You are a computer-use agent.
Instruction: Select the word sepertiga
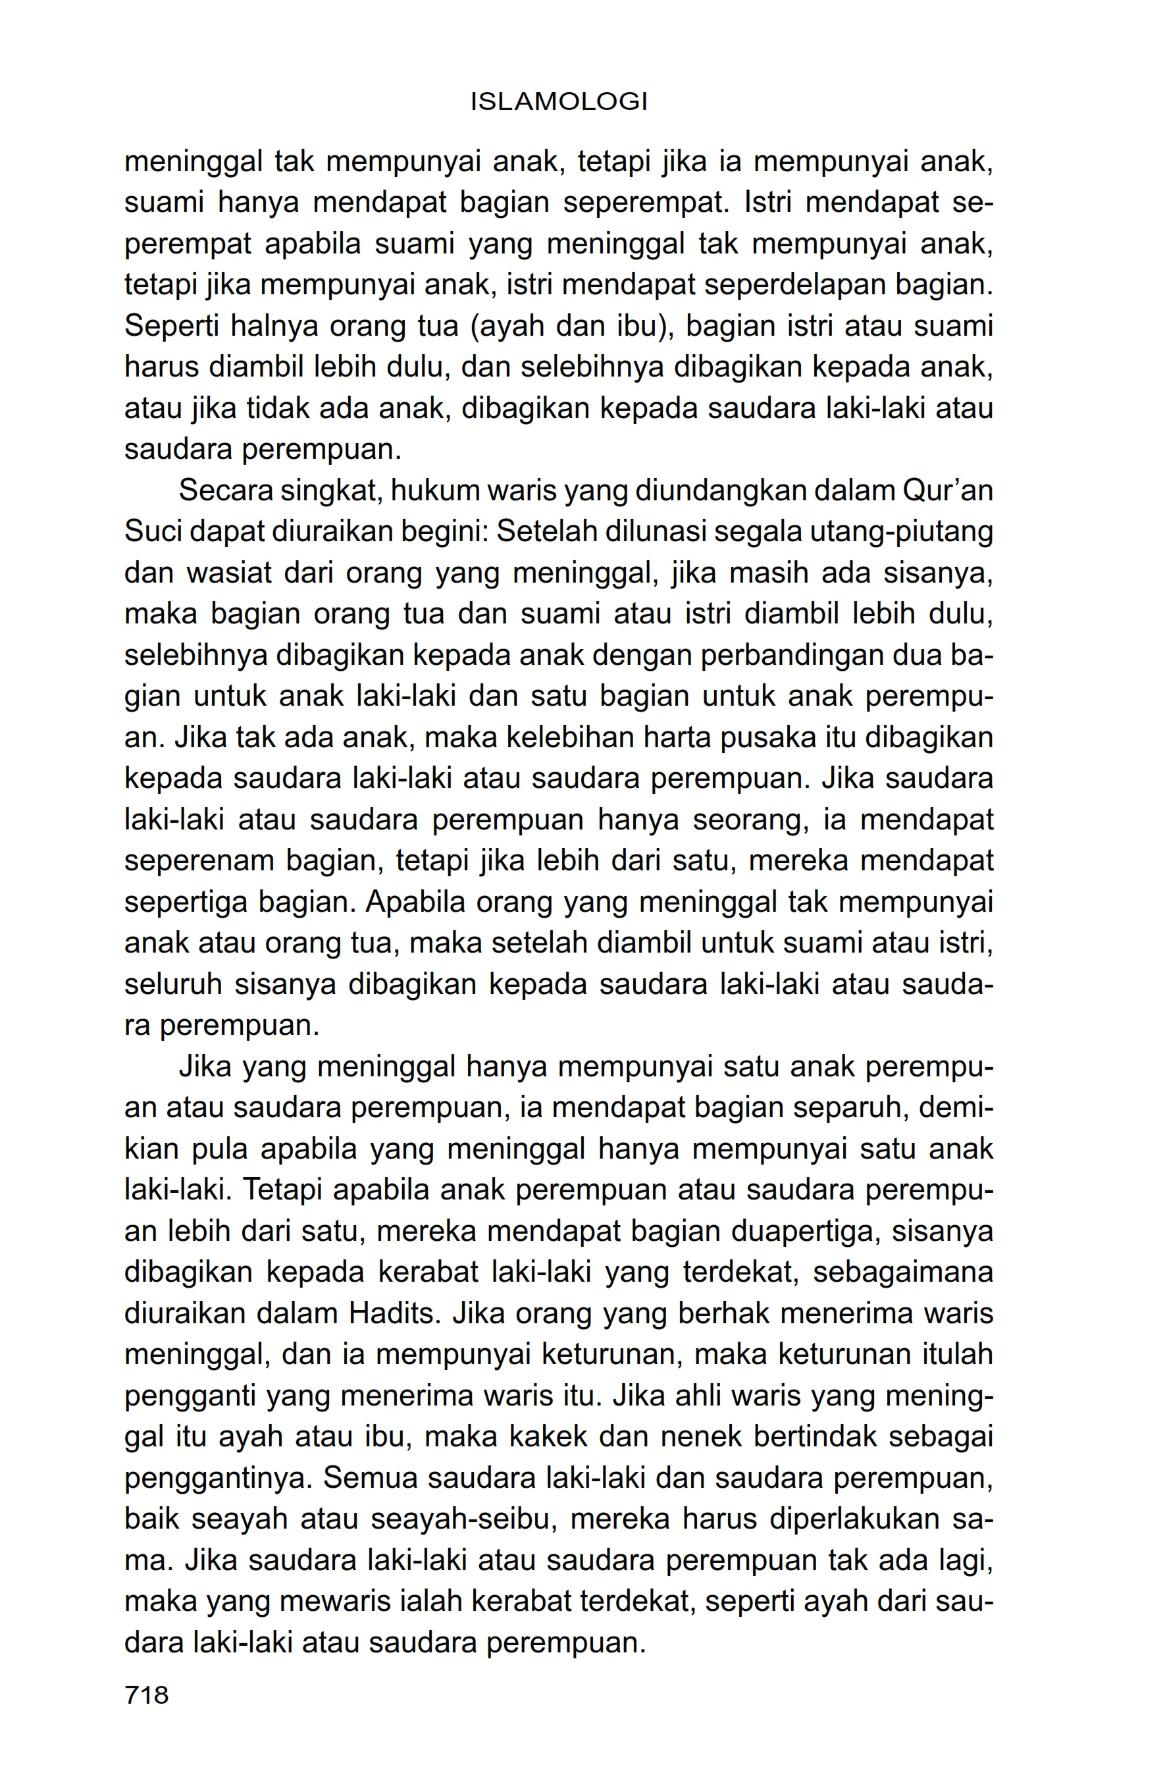click(x=186, y=903)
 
